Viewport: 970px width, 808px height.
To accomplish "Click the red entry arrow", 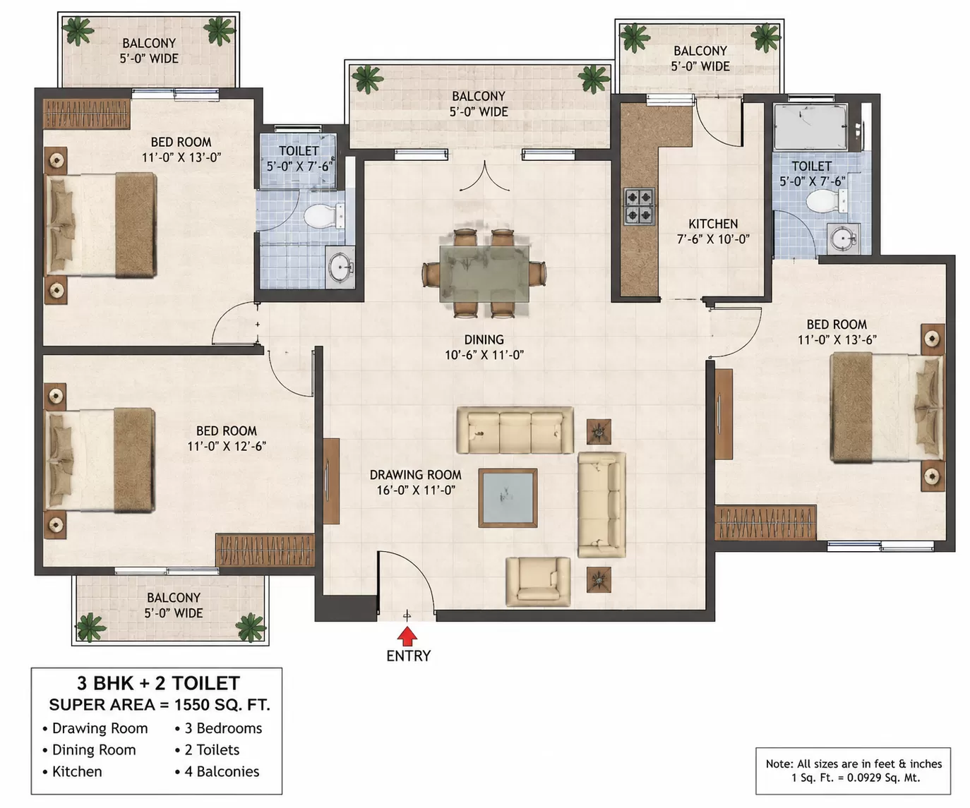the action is (407, 636).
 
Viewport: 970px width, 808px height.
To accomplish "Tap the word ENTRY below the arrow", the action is (408, 656).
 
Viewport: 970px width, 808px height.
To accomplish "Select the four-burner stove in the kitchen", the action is (639, 206).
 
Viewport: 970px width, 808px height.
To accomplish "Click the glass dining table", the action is (484, 273).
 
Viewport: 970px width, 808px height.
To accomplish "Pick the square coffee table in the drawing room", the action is (508, 498).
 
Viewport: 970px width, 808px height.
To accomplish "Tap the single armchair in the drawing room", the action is (538, 581).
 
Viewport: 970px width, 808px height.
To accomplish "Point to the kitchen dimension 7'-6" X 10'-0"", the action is (713, 239).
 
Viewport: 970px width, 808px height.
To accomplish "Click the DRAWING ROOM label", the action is (416, 475).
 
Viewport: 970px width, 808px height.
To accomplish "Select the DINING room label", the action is (484, 339).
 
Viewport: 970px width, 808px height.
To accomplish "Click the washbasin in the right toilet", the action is (843, 239).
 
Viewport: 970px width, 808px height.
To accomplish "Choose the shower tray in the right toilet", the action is (810, 127).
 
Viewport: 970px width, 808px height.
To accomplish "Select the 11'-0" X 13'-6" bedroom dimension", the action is (837, 340).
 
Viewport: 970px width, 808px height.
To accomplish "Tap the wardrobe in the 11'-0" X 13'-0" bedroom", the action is (86, 114).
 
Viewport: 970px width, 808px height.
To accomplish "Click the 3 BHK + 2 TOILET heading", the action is (158, 683).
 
